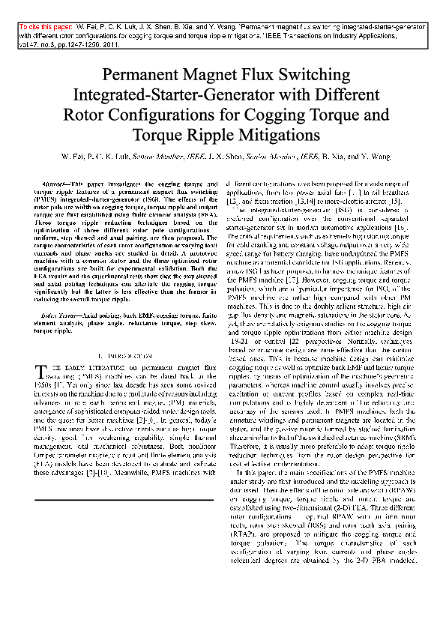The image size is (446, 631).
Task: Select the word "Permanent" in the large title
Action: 142,76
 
